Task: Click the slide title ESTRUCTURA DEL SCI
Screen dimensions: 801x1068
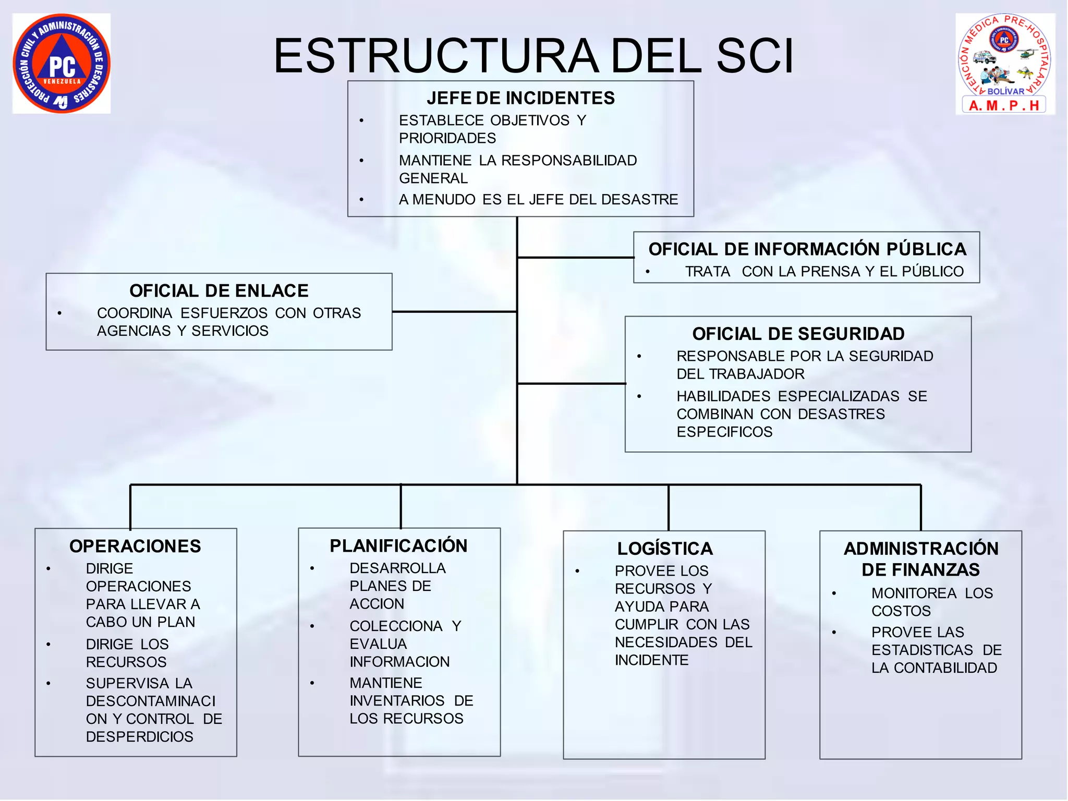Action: (533, 56)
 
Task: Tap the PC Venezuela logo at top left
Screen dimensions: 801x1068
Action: (62, 64)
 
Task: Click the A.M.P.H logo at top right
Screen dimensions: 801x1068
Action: (1005, 64)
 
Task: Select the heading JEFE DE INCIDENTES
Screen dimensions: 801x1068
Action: (520, 98)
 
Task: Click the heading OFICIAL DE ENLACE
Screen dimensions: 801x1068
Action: (219, 290)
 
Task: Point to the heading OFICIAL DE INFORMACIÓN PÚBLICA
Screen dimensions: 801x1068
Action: (807, 249)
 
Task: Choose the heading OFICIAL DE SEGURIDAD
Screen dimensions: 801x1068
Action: (798, 334)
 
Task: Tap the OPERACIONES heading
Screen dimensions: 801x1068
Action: (135, 546)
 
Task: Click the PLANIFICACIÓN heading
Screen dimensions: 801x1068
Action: (398, 545)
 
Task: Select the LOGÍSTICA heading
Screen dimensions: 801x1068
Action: (665, 549)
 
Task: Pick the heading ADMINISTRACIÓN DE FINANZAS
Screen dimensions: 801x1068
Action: (920, 559)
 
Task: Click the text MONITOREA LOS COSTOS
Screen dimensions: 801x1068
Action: (931, 602)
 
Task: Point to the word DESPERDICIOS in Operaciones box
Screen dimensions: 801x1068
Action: (139, 736)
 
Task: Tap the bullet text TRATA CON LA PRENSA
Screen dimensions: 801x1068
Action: (824, 272)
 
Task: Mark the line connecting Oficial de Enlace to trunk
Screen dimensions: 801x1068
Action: (454, 312)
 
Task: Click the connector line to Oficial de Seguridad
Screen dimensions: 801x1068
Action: (571, 384)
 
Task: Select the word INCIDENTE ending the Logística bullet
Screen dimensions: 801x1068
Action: (651, 660)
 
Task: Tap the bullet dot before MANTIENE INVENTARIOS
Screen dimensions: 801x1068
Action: (312, 683)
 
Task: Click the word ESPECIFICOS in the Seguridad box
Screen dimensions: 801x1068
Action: (724, 432)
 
